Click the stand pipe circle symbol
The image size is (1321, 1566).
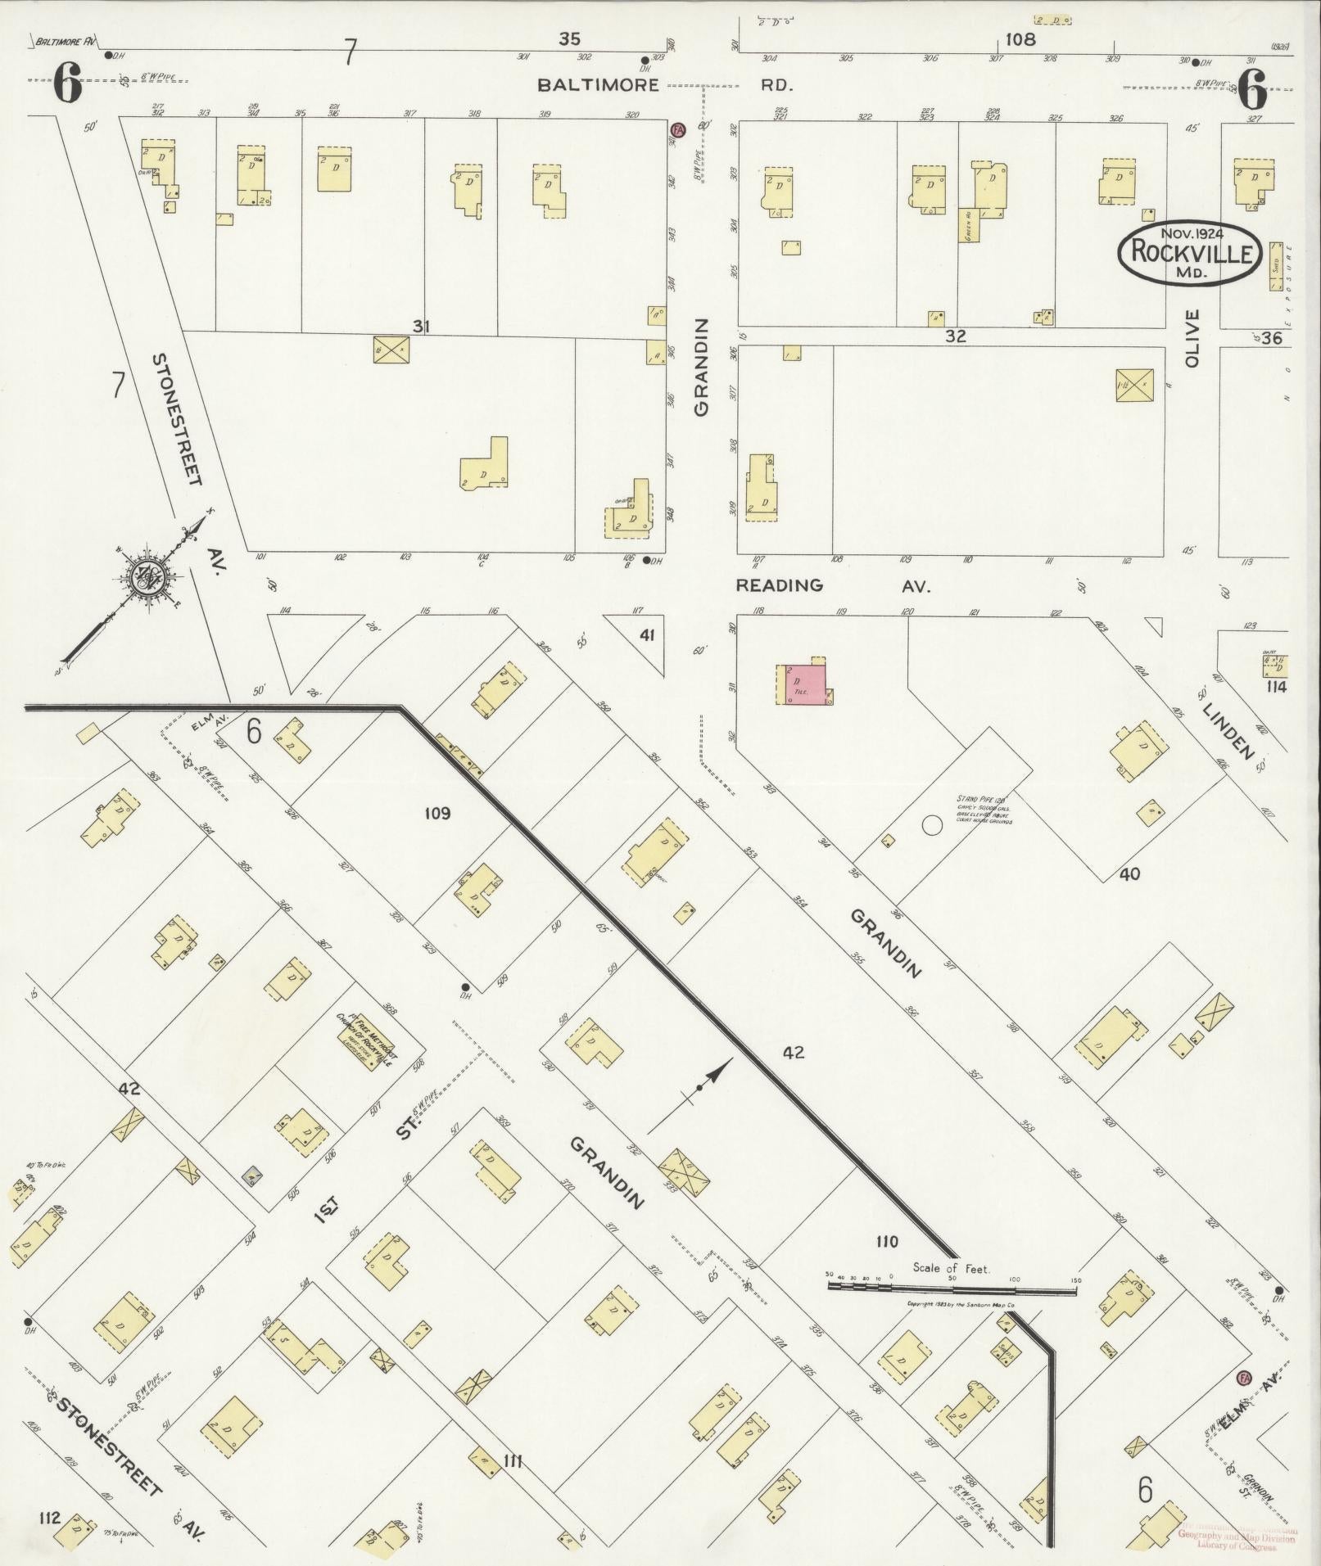coord(931,824)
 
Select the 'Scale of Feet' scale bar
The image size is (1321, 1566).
coord(952,1309)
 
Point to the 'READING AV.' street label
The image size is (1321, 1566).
coord(831,585)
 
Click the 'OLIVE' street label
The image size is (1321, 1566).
coord(1191,337)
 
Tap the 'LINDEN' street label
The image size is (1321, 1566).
coord(1228,731)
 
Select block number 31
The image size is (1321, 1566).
coord(421,327)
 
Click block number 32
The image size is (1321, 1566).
coord(955,336)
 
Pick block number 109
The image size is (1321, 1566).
coord(437,813)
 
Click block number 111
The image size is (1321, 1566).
coord(513,1460)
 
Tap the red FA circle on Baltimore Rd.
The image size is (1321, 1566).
coord(677,130)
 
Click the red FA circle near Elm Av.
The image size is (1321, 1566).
coord(1245,1377)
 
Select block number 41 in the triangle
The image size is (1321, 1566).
coord(647,634)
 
